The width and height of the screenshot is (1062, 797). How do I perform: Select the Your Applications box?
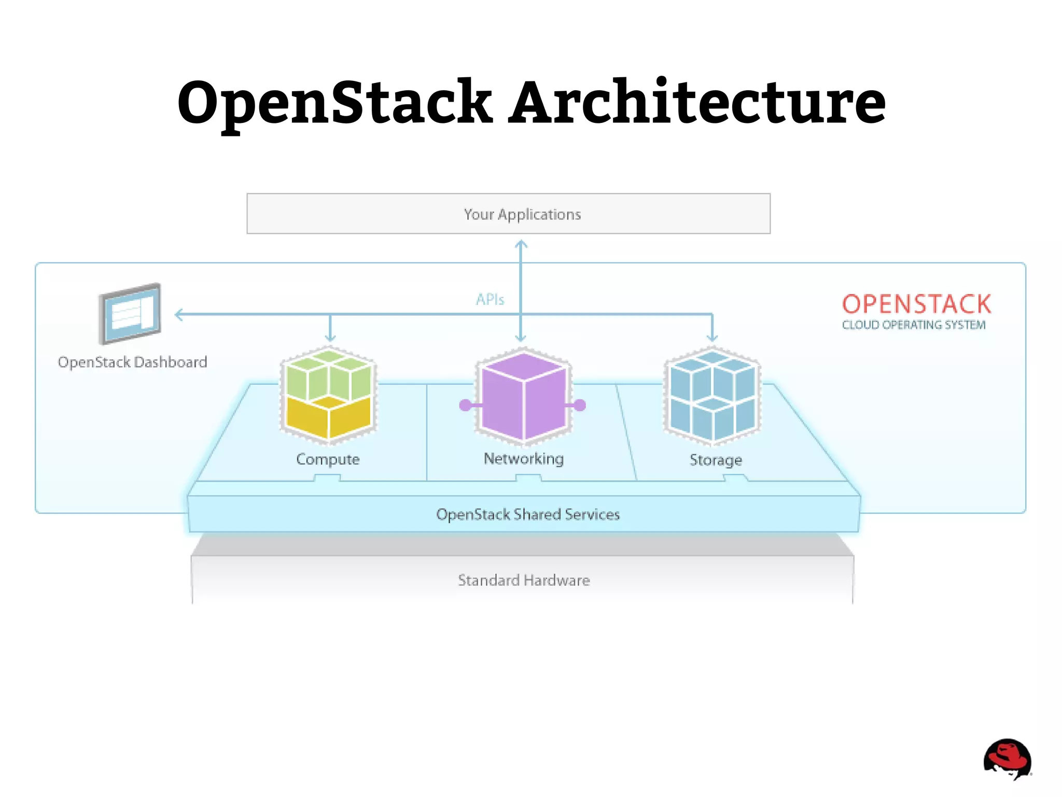pyautogui.click(x=508, y=214)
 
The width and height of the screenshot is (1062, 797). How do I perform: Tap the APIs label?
pyautogui.click(x=490, y=299)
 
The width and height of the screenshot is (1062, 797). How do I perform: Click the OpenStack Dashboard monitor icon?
pyautogui.click(x=130, y=314)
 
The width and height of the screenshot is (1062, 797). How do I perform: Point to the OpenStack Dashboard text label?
pyautogui.click(x=132, y=362)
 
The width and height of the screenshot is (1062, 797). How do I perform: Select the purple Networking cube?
pyautogui.click(x=523, y=397)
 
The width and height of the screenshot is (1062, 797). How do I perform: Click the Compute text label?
pyautogui.click(x=328, y=459)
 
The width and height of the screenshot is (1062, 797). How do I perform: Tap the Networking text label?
pyautogui.click(x=523, y=459)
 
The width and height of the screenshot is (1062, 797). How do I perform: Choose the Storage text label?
pyautogui.click(x=716, y=460)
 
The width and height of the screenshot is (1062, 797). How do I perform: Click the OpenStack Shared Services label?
pyautogui.click(x=527, y=514)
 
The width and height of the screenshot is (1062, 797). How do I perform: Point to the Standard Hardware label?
pyautogui.click(x=524, y=580)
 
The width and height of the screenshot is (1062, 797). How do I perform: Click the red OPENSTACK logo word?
pyautogui.click(x=916, y=304)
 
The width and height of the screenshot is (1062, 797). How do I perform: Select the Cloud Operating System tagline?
pyautogui.click(x=913, y=325)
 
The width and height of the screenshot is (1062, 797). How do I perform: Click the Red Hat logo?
pyautogui.click(x=1007, y=759)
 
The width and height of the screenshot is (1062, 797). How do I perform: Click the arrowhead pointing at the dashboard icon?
pyautogui.click(x=178, y=314)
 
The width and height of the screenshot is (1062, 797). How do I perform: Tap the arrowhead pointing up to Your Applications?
pyautogui.click(x=521, y=244)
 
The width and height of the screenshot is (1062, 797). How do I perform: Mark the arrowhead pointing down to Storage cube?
pyautogui.click(x=712, y=338)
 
